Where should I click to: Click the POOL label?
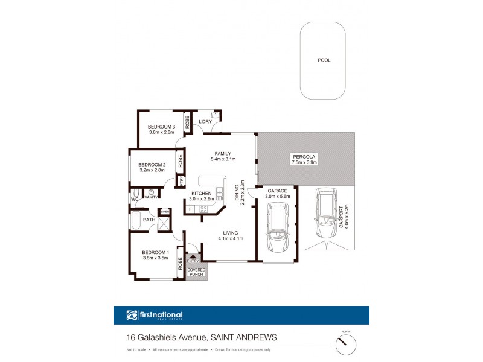324,60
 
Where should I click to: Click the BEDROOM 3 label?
161,126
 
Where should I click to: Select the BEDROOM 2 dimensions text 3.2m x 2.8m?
152,171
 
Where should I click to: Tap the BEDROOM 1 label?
155,252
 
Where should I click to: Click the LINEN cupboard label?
165,211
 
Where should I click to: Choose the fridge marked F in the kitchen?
191,209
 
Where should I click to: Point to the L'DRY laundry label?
205,121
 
